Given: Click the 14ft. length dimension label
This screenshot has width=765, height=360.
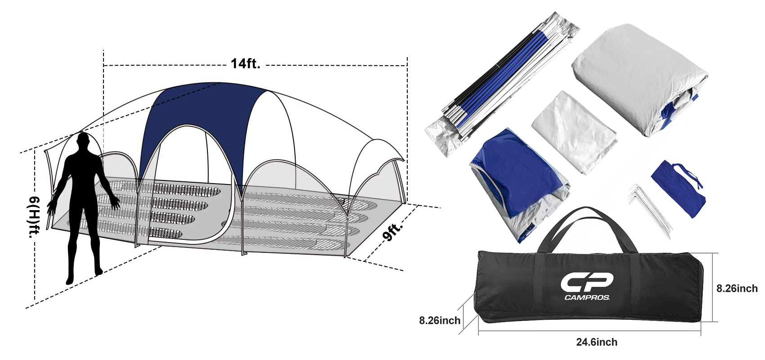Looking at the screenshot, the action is pyautogui.click(x=246, y=63).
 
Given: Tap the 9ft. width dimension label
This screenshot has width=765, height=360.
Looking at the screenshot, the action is pyautogui.click(x=393, y=231).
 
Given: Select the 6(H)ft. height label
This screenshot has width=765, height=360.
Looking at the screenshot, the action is pyautogui.click(x=33, y=217).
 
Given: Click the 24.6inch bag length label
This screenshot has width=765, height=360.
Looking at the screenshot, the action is pyautogui.click(x=597, y=342).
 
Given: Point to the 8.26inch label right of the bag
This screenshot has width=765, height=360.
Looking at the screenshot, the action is pyautogui.click(x=737, y=288).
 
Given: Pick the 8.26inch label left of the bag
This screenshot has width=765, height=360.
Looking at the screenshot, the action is pyautogui.click(x=440, y=320).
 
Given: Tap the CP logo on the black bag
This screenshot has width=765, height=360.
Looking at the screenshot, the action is pyautogui.click(x=587, y=283).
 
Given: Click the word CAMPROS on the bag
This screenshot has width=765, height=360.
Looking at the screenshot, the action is pyautogui.click(x=587, y=297).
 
